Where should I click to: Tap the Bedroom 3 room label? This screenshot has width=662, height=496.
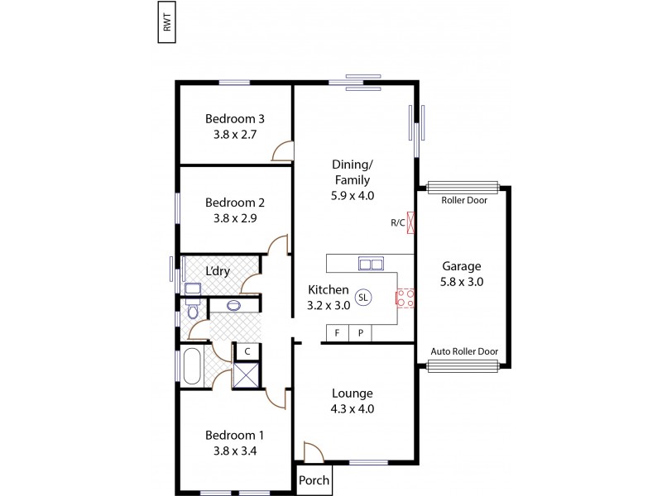pos(235,117)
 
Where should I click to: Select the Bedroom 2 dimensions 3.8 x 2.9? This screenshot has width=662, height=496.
pos(235,218)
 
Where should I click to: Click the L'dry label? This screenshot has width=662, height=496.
pos(218,272)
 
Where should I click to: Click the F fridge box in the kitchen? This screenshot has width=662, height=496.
pos(337,333)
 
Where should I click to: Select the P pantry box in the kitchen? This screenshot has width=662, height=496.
pos(360,333)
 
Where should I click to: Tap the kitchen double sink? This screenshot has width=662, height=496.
pos(370,264)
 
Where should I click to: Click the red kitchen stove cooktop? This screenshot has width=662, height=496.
pos(405,298)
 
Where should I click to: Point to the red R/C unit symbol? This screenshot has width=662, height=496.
pos(411,222)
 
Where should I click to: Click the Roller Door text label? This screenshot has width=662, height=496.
pos(463,200)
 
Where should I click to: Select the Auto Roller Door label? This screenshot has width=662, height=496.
pos(463,351)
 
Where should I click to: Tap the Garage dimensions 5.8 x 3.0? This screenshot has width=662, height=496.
pos(462,282)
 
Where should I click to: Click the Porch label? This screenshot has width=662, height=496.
pos(314,480)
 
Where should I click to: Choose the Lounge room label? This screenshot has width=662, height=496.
pos(353,393)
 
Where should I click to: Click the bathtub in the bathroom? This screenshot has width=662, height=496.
pos(190,366)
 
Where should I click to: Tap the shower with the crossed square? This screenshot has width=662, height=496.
pos(247,374)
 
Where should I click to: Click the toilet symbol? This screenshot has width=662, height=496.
pos(193,312)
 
